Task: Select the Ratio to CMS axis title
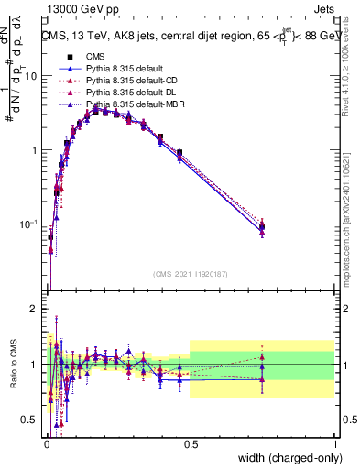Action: pyautogui.click(x=12, y=365)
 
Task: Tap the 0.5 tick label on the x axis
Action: pyautogui.click(x=190, y=442)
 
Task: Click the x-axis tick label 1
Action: pyautogui.click(x=335, y=442)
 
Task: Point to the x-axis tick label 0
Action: pyautogui.click(x=45, y=442)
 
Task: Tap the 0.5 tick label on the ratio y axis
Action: pyautogui.click(x=29, y=420)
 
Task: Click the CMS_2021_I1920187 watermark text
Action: pyautogui.click(x=190, y=272)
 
